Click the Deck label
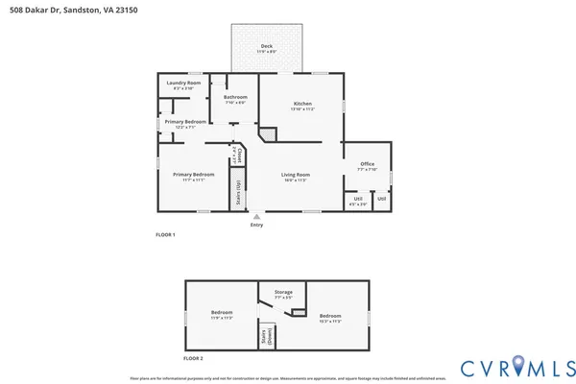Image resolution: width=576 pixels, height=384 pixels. (268, 46)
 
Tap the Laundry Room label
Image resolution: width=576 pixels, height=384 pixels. (180, 84)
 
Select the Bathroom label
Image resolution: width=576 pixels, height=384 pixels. (235, 97)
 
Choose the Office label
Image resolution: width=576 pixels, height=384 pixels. (367, 164)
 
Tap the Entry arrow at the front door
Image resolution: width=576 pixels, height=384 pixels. (256, 216)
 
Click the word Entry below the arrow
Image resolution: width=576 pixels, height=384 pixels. (256, 225)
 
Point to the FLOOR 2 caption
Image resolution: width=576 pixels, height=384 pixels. (193, 358)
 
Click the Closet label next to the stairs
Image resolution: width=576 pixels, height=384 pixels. (238, 156)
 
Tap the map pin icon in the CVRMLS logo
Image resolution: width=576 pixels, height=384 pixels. (519, 364)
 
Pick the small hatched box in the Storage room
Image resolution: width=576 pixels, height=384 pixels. (299, 311)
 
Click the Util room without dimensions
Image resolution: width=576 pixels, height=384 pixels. (381, 199)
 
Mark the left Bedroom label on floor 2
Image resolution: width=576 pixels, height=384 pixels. (222, 313)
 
